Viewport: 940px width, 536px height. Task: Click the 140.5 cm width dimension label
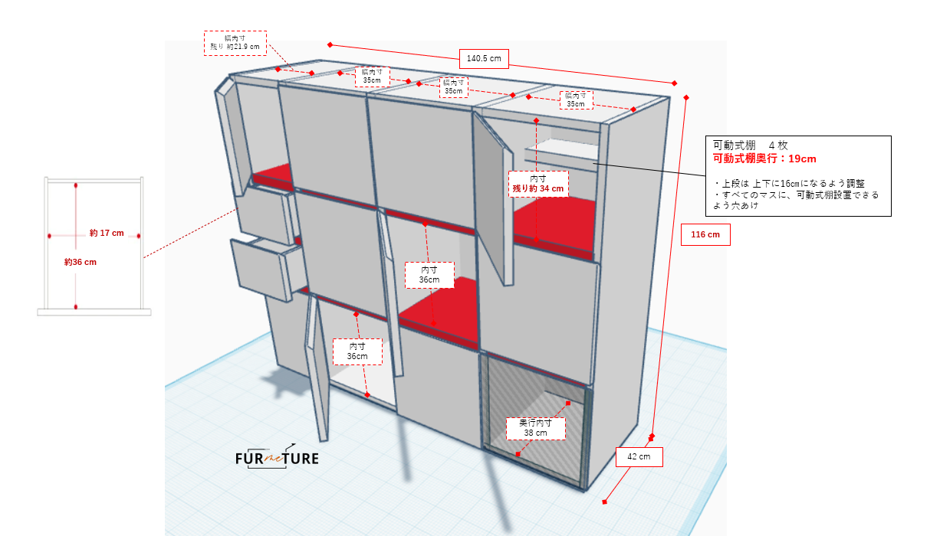pos(484,59)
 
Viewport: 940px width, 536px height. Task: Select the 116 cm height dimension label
pos(705,234)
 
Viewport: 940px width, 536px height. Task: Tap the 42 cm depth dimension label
pos(639,457)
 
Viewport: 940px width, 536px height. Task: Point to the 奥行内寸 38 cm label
pos(535,428)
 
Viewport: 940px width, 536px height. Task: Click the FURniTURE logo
pos(277,458)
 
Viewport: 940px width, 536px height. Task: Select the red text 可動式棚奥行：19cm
pos(764,159)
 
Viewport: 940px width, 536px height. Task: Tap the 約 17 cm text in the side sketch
pos(107,233)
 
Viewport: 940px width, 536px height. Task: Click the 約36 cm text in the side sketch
pos(81,263)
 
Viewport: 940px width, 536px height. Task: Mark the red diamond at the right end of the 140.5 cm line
pos(675,83)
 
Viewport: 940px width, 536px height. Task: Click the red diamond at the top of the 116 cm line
pos(686,98)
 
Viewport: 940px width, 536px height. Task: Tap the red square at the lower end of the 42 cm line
pos(605,502)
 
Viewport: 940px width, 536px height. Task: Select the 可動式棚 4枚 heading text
pos(751,145)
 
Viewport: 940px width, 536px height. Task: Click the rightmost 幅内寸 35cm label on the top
pos(576,100)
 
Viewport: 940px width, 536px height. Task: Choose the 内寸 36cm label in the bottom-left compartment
pos(357,351)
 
